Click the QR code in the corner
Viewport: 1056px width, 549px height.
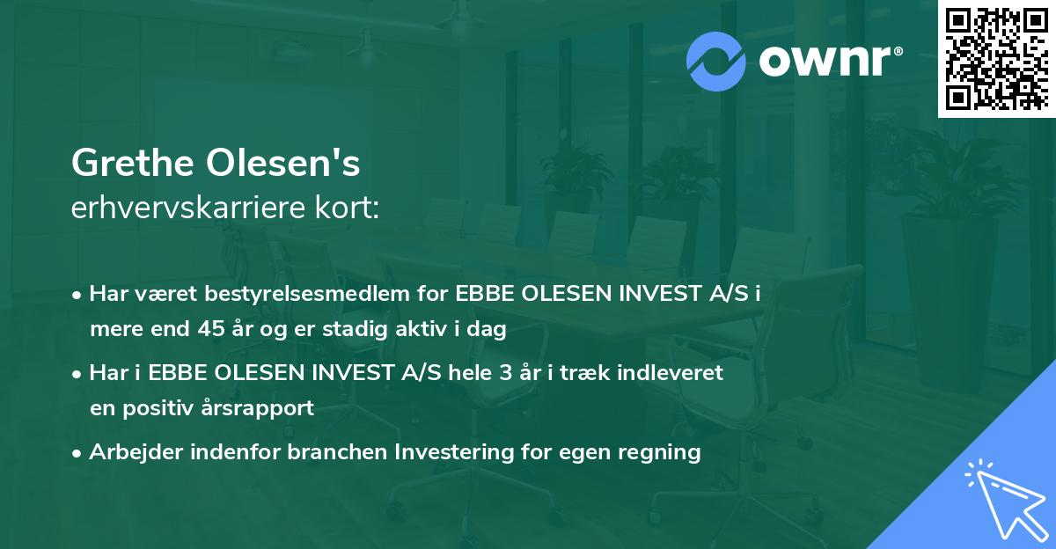(995, 59)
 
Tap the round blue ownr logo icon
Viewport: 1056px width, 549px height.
(716, 61)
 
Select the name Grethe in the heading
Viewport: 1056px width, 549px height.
(133, 163)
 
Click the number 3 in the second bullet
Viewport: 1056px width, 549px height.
(505, 373)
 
